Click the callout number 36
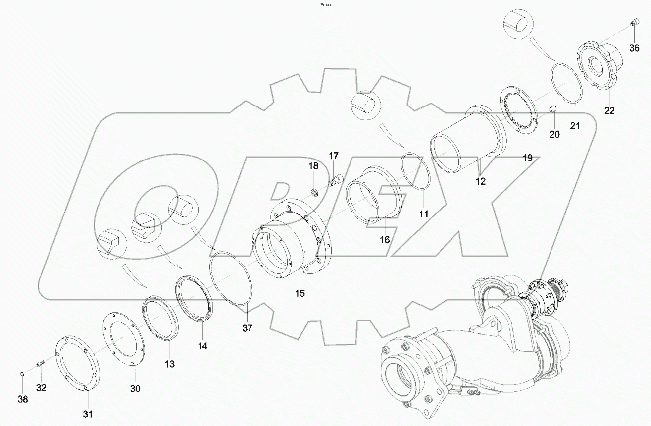click(634, 48)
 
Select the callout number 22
click(609, 111)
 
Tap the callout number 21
click(574, 126)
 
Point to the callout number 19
click(527, 158)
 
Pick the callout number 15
click(300, 293)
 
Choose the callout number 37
click(248, 328)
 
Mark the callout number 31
click(87, 414)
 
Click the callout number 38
click(23, 399)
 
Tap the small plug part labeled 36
click(633, 22)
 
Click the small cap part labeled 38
click(22, 373)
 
